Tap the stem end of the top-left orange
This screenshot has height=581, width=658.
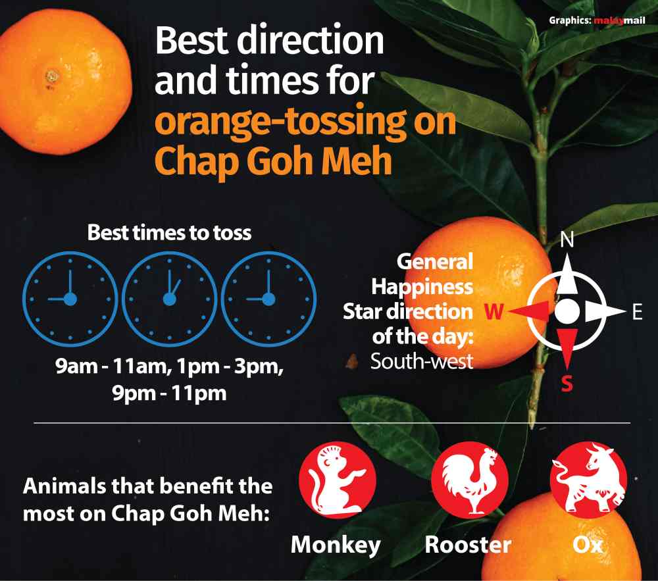pos(52,77)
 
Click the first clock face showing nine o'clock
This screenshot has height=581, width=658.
pos(70,299)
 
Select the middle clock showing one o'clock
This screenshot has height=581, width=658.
pos(170,299)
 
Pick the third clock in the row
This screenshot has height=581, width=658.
pos(268,299)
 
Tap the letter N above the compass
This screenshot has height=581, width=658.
pos(567,241)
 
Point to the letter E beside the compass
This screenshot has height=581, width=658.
pos(636,313)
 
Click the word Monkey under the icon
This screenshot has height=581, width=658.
pos(336,545)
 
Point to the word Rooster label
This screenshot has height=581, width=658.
pos(467,545)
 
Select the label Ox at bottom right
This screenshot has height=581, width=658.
pos(588,545)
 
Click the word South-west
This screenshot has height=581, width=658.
pos(422,361)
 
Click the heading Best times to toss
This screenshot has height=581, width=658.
pos(170,233)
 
